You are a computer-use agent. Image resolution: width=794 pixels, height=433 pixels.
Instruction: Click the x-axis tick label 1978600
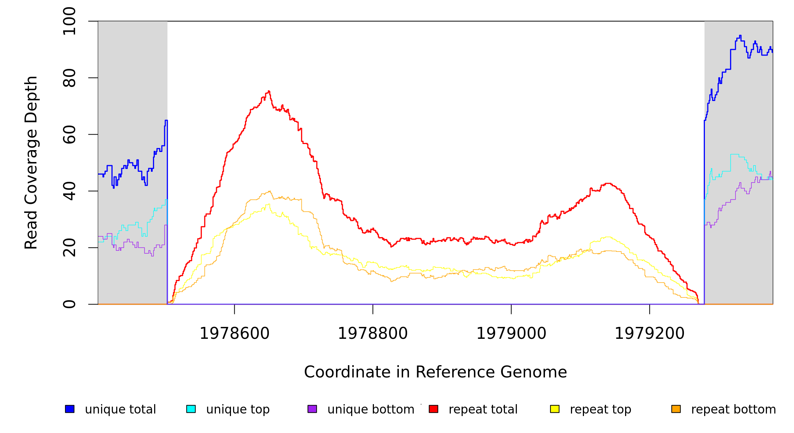(x=235, y=333)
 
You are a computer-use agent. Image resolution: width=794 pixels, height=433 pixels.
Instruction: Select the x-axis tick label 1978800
(x=373, y=333)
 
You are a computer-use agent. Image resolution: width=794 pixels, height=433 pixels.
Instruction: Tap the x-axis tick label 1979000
(x=511, y=333)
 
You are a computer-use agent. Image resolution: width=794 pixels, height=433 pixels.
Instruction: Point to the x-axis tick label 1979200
(x=650, y=333)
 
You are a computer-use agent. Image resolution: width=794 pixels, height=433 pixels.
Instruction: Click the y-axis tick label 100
(x=69, y=21)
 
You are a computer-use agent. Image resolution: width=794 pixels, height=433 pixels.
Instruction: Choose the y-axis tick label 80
(x=69, y=78)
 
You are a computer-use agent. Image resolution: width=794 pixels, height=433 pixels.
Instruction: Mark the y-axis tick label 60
(x=69, y=135)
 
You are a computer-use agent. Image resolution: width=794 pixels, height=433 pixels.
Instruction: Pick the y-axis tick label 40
(x=69, y=191)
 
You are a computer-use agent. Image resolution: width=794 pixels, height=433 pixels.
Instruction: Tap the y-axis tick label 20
(x=69, y=248)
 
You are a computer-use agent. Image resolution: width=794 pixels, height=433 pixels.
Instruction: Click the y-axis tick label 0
(x=69, y=304)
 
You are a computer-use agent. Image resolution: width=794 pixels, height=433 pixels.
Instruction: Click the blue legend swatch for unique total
(x=70, y=409)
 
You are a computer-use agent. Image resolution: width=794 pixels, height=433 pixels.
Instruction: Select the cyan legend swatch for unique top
(x=191, y=409)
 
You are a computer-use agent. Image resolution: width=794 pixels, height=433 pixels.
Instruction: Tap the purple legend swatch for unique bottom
(x=312, y=409)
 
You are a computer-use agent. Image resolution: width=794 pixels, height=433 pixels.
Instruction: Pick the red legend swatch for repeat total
(x=433, y=409)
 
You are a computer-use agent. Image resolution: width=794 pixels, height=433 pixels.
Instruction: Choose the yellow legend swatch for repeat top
(x=555, y=409)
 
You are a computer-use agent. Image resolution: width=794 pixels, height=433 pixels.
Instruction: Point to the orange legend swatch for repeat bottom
(x=676, y=409)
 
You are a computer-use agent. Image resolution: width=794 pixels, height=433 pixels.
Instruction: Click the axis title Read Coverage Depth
(x=31, y=162)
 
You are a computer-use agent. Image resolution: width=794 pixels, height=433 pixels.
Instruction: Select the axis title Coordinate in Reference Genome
(x=435, y=372)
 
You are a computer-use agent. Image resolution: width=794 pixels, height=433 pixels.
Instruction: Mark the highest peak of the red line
(x=269, y=91)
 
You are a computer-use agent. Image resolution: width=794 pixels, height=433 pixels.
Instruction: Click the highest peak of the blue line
(x=740, y=35)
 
